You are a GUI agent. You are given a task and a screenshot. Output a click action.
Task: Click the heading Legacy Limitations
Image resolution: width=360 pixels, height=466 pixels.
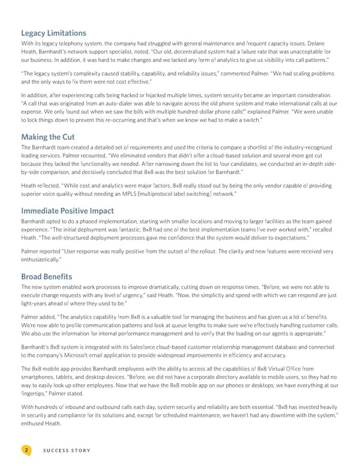(53, 33)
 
